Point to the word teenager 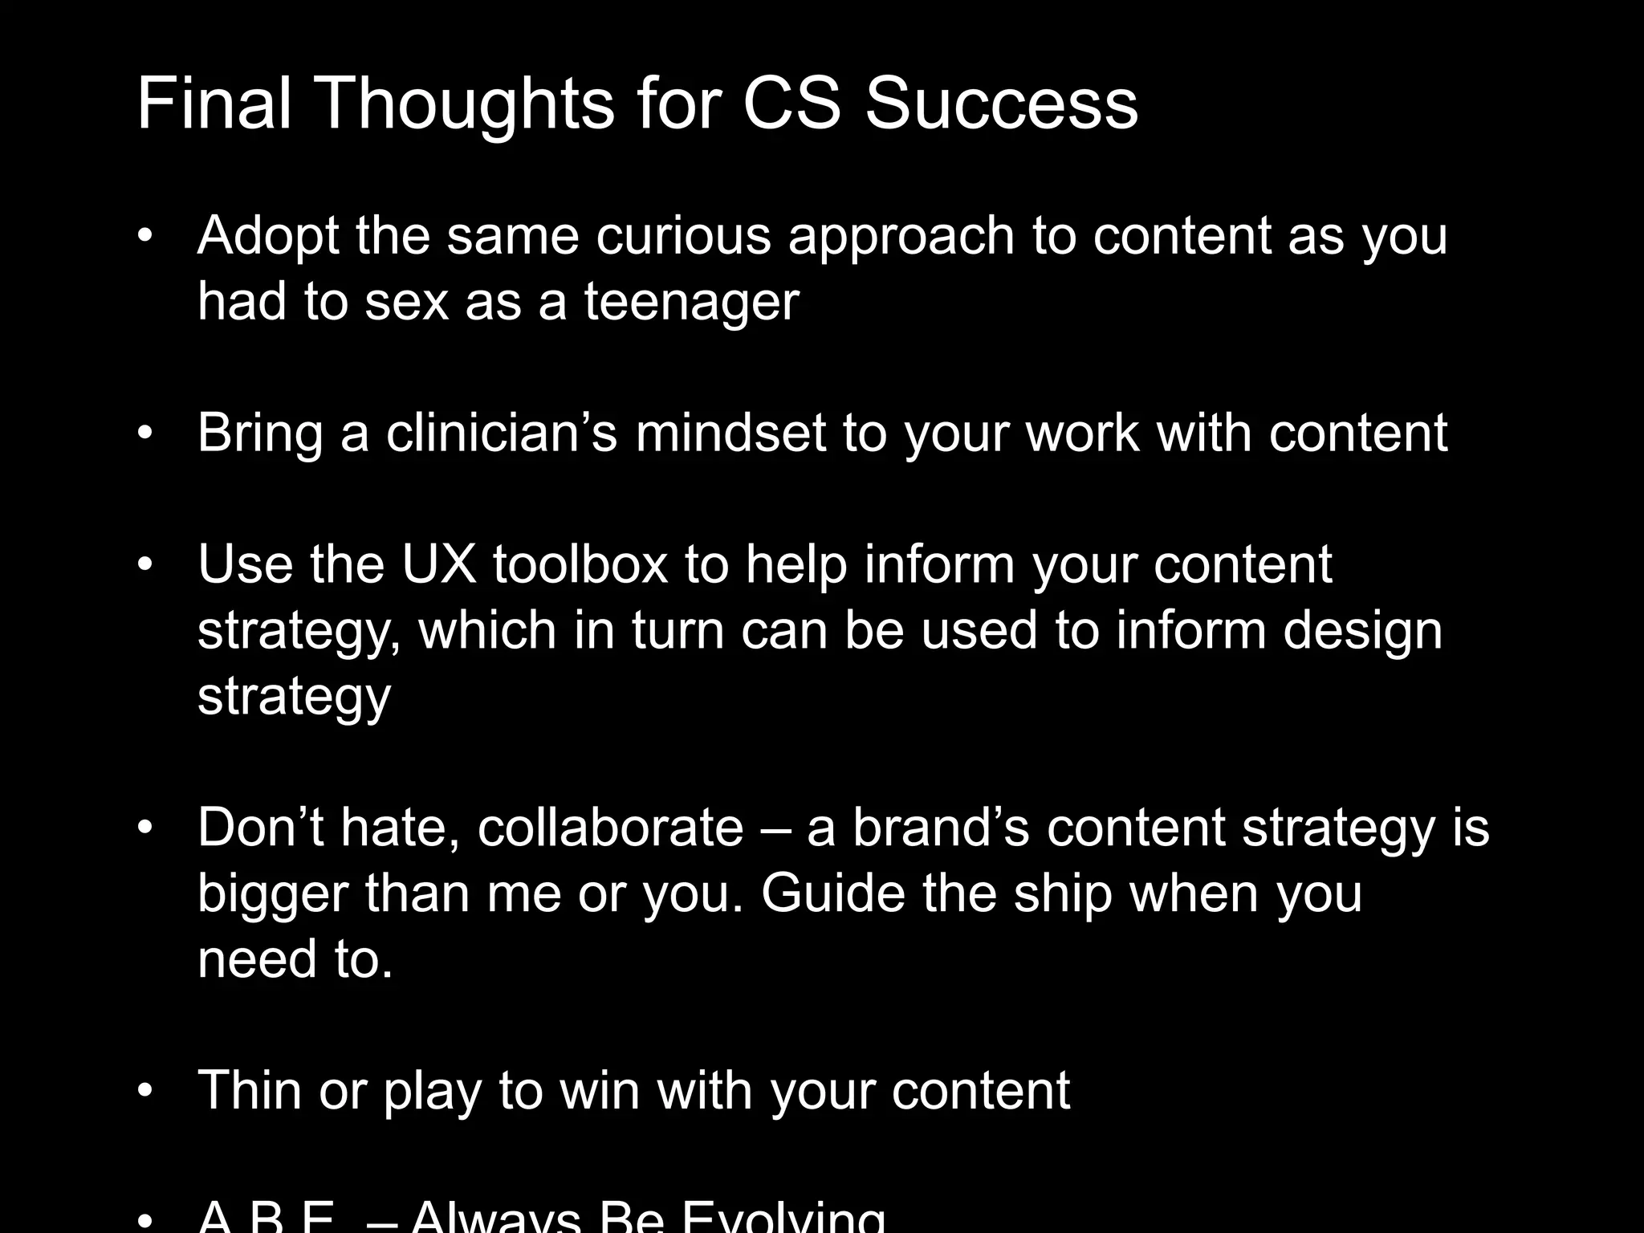point(691,302)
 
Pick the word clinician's point(501,433)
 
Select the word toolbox point(580,564)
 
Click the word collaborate point(610,828)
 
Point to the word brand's point(940,828)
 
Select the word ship point(1062,893)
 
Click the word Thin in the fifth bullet point(250,1090)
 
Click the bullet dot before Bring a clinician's point(144,434)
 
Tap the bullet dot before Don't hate point(144,828)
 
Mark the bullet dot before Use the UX point(144,565)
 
